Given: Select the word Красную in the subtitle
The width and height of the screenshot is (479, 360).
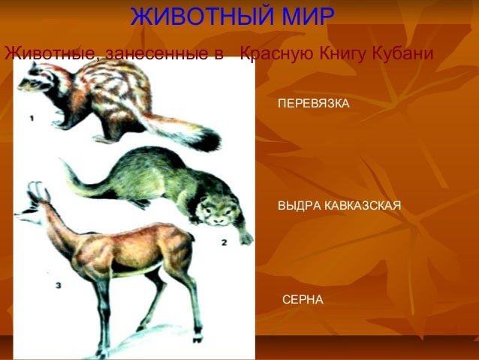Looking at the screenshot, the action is coord(277,54).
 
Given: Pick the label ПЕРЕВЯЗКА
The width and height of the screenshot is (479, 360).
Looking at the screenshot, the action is coord(313,104).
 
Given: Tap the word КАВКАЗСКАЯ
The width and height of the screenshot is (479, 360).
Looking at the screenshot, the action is coord(363,205).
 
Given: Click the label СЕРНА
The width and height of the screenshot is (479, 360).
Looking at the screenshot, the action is coord(303,299).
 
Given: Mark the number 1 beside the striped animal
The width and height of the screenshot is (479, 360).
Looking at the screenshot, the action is coord(32,118).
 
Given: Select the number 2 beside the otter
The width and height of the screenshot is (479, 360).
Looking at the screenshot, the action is coord(224,243).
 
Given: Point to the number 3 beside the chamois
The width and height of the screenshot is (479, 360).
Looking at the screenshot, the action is coord(58,286).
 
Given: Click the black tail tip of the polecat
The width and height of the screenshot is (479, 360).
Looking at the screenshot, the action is coord(210,139).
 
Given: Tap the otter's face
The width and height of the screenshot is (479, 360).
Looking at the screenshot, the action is coord(216,212).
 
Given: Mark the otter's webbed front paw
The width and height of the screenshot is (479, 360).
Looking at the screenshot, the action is coord(246,238).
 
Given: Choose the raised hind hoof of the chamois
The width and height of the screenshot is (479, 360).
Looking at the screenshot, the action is coord(197,338).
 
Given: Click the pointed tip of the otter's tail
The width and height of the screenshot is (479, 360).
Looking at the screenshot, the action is coord(62,161).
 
